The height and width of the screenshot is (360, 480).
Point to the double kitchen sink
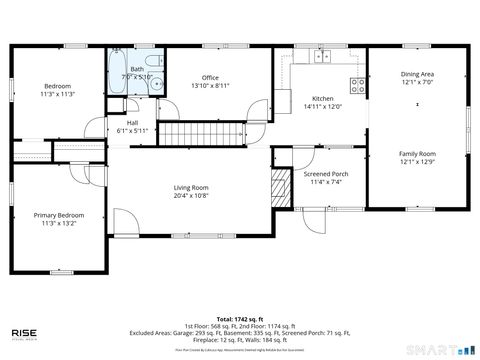[x=322, y=55]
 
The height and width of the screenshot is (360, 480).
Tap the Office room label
[x=209, y=78]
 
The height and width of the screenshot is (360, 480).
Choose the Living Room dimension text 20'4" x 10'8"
[x=191, y=196]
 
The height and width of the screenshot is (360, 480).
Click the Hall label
[x=132, y=123]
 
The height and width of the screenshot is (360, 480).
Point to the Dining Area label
[x=417, y=74]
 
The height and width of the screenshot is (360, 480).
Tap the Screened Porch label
[x=326, y=174]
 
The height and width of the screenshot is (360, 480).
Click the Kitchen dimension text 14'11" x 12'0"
[x=322, y=106]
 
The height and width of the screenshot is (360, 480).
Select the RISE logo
[x=26, y=332]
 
